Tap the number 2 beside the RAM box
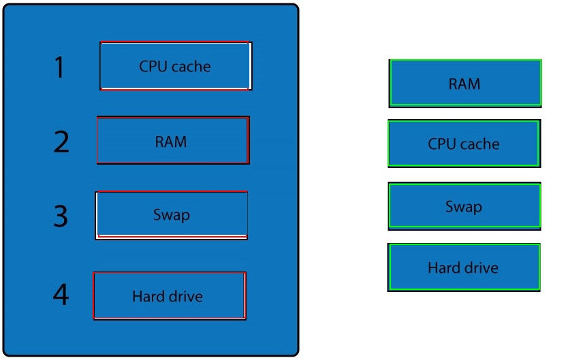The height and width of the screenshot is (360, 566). [61, 142]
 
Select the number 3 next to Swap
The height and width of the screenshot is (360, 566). [61, 216]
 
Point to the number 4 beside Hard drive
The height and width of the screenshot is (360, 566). [61, 294]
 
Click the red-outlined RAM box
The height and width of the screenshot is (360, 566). [173, 140]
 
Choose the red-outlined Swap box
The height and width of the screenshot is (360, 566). [172, 215]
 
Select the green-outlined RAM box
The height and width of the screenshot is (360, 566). [465, 83]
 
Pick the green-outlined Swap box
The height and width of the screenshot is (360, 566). [465, 206]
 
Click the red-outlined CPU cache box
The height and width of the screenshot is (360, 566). [176, 65]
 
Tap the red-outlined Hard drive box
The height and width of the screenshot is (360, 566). [170, 296]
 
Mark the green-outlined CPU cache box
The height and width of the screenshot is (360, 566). [465, 144]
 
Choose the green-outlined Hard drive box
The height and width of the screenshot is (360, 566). [464, 267]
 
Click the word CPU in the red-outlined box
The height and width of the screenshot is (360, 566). [153, 67]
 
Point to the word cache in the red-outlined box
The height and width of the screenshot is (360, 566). [191, 67]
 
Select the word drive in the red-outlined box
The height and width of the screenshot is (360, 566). [185, 296]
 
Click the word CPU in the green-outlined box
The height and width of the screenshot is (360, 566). [442, 144]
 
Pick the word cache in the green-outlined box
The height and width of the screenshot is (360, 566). [479, 144]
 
